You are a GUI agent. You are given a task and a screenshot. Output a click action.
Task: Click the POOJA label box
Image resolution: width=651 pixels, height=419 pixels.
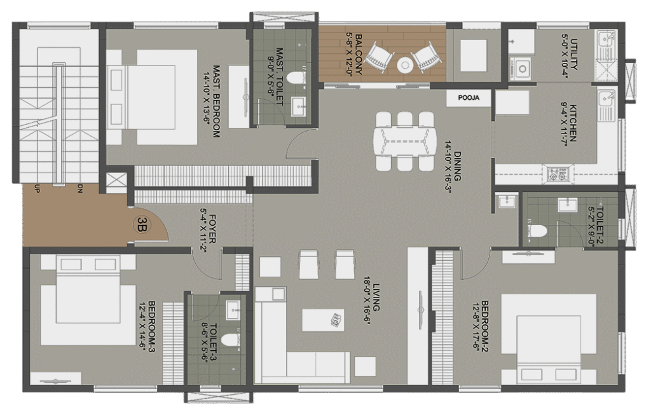(469, 98)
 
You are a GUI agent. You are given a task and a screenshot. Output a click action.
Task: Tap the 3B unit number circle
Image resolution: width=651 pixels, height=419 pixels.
(142, 224)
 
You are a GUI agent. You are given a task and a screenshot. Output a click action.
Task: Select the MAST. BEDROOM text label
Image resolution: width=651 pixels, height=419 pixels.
(216, 101)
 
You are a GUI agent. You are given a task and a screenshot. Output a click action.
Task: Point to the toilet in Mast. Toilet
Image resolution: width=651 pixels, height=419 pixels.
(297, 78)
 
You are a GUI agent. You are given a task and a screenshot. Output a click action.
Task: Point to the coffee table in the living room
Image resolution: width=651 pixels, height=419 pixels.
(322, 320)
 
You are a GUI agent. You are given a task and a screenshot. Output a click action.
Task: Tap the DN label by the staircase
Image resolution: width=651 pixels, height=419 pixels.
(79, 189)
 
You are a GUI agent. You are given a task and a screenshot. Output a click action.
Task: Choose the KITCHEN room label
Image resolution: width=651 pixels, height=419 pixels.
(573, 123)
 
